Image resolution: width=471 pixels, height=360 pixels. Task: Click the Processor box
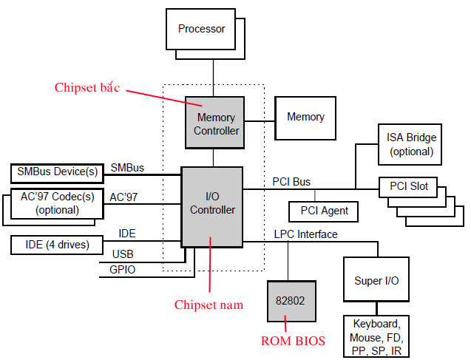[201, 30]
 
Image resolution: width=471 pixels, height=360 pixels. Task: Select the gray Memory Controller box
[217, 123]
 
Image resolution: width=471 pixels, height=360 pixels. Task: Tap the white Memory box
[305, 117]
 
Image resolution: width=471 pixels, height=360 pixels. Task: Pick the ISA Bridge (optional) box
[411, 144]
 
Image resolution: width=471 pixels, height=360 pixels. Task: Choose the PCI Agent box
[324, 211]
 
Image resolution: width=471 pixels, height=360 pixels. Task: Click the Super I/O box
[377, 281]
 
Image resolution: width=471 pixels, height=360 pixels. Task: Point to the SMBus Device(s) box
[57, 173]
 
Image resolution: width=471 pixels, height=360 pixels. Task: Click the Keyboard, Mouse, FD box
[376, 337]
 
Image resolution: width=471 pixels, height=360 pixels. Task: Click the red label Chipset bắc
[87, 87]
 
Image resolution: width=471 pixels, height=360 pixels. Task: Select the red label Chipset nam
[208, 304]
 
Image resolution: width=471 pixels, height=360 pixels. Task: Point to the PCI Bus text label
[291, 181]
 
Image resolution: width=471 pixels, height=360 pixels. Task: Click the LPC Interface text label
[305, 234]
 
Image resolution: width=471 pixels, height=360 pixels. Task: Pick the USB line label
[123, 254]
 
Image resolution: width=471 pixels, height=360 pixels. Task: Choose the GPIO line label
[122, 270]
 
